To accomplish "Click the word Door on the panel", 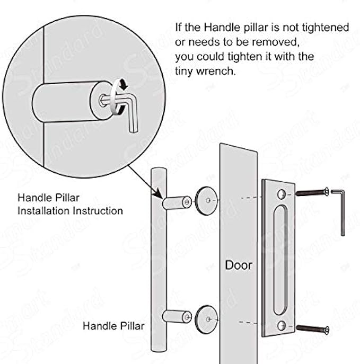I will click(238, 264).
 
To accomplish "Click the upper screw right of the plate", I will click(313, 192).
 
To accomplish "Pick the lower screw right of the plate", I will click(313, 329).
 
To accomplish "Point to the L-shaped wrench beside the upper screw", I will click(341, 212).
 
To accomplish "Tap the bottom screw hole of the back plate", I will click(282, 326).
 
